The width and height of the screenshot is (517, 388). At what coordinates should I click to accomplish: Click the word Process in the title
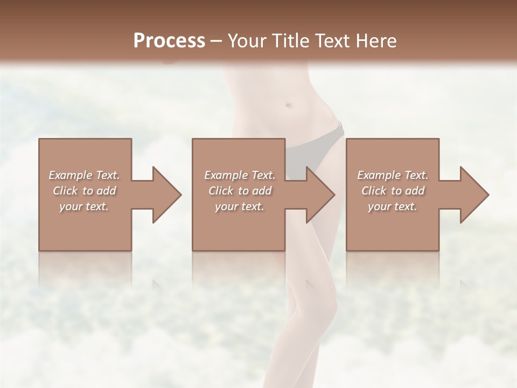(169, 41)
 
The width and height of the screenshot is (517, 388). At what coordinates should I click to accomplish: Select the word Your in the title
(245, 41)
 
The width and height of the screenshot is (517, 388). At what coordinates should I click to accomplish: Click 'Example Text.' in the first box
(84, 175)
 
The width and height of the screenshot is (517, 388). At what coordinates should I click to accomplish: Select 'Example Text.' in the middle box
(240, 175)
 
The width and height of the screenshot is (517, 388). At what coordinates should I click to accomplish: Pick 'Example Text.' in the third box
(393, 175)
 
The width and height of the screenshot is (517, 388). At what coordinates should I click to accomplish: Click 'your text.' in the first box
(84, 206)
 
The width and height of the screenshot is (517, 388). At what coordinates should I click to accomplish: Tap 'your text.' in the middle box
(240, 206)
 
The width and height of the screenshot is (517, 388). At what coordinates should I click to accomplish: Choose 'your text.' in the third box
(393, 206)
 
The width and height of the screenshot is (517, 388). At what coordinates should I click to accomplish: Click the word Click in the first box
(66, 191)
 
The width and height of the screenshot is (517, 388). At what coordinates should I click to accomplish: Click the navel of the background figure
(289, 105)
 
